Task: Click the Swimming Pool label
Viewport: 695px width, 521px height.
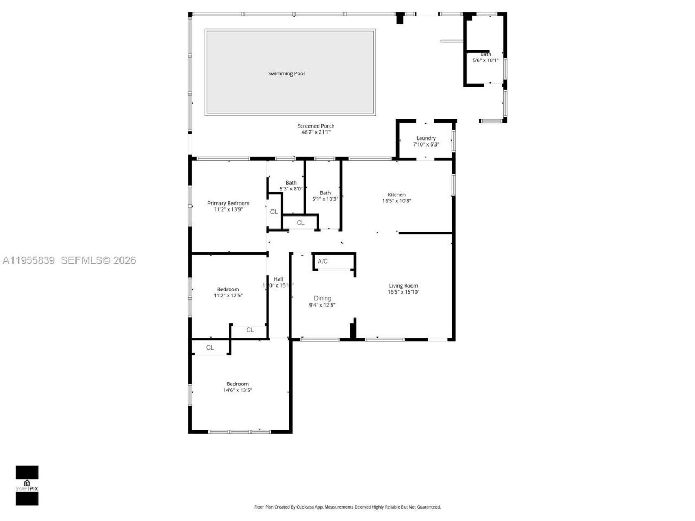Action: pyautogui.click(x=286, y=73)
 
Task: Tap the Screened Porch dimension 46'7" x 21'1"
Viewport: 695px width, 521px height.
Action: pyautogui.click(x=316, y=132)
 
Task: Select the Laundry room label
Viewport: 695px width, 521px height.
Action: pyautogui.click(x=426, y=138)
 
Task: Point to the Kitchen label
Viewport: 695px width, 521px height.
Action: pyautogui.click(x=396, y=195)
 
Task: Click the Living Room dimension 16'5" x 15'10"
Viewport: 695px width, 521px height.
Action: pyautogui.click(x=403, y=292)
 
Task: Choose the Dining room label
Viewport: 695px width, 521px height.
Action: pyautogui.click(x=323, y=298)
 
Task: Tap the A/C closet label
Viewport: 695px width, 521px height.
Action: pyautogui.click(x=323, y=262)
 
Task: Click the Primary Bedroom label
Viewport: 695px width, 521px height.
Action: pyautogui.click(x=228, y=204)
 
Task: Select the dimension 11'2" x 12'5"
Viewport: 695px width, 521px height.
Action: pyautogui.click(x=228, y=296)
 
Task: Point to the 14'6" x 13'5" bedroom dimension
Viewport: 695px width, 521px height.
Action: pyautogui.click(x=237, y=390)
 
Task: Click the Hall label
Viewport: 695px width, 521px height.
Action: pyautogui.click(x=279, y=279)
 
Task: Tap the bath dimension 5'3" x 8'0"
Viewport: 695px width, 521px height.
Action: pyautogui.click(x=291, y=189)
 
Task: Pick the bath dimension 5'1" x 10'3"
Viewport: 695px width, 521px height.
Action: pyautogui.click(x=325, y=199)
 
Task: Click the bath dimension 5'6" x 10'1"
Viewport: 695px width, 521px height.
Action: pyautogui.click(x=485, y=60)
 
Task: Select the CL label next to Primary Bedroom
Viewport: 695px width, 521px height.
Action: pyautogui.click(x=274, y=212)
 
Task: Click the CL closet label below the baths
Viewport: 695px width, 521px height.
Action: pyautogui.click(x=300, y=223)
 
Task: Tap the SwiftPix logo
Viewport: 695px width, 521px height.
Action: pyautogui.click(x=27, y=485)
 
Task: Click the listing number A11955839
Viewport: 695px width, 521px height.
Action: pyautogui.click(x=29, y=260)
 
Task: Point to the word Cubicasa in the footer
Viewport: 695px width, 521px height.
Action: pyautogui.click(x=315, y=507)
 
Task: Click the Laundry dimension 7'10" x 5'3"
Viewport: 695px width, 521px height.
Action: pyautogui.click(x=426, y=144)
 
